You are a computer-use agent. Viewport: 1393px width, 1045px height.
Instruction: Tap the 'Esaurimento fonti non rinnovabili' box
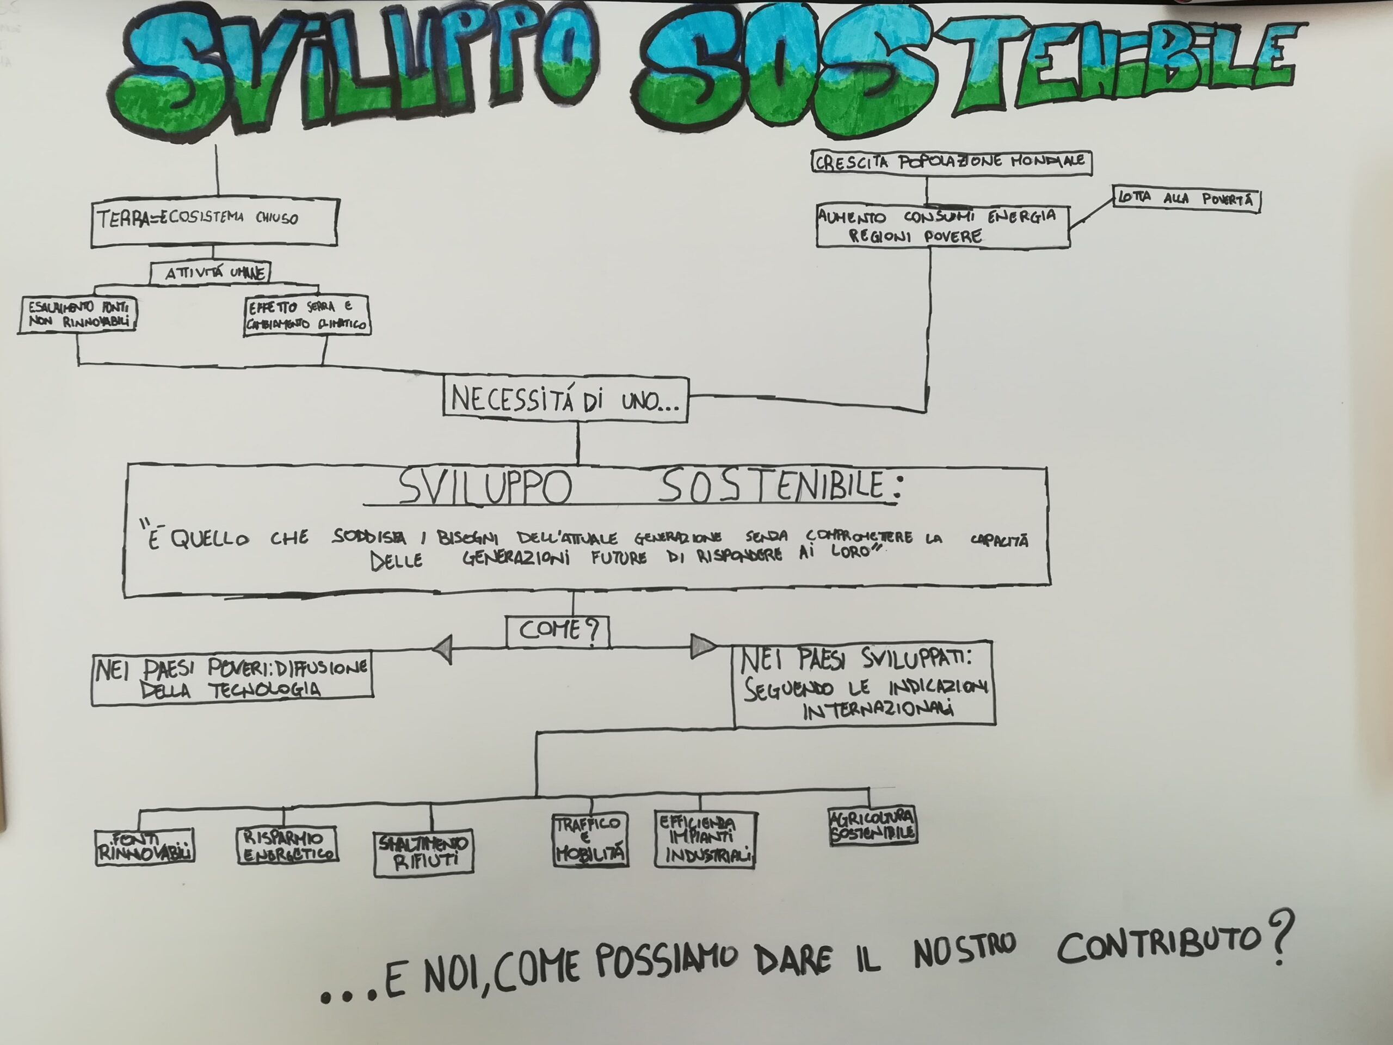tap(77, 315)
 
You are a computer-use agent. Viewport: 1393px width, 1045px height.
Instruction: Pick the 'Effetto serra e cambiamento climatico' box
tap(307, 316)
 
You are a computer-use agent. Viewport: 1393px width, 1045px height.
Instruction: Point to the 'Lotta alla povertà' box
tap(1186, 199)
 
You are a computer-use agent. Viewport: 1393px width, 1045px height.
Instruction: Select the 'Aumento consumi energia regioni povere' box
tap(943, 226)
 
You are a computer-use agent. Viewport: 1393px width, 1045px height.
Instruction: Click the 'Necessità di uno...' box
tap(565, 399)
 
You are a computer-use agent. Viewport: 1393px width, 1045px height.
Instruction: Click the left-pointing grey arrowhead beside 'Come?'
tap(443, 649)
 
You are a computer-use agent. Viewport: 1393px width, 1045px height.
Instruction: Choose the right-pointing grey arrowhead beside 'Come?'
tap(702, 646)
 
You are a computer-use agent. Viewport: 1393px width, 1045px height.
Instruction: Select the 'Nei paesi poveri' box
tap(232, 678)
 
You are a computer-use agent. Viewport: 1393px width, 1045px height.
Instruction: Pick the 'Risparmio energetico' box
tap(288, 845)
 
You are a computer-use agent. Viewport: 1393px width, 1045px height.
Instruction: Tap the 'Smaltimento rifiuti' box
tap(423, 853)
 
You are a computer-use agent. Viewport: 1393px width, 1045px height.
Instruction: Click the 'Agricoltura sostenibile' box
tap(873, 826)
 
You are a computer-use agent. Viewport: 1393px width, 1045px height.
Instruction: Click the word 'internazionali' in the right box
tap(878, 709)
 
